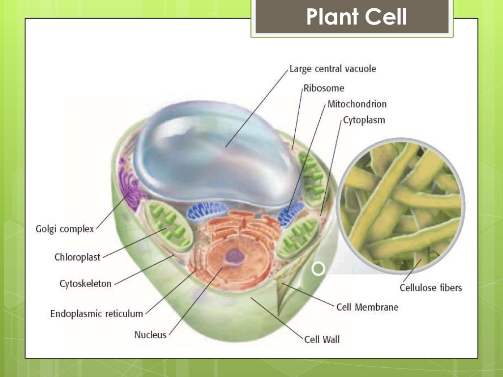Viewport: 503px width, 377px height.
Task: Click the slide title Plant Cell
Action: [x=356, y=17]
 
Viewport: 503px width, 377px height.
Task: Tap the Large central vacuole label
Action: [x=333, y=69]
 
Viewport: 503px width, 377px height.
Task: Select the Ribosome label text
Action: [x=324, y=88]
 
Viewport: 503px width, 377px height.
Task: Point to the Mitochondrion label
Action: [x=357, y=104]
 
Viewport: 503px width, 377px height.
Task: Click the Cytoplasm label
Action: [x=364, y=120]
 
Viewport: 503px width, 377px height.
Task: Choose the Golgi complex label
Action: [x=65, y=229]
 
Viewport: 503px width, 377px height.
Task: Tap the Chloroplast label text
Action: [x=77, y=257]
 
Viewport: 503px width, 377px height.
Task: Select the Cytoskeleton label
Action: [x=85, y=284]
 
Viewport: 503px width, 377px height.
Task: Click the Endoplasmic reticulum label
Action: [x=97, y=314]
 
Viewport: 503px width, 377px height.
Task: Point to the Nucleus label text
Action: [x=150, y=335]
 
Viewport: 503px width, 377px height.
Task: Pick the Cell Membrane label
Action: [x=367, y=307]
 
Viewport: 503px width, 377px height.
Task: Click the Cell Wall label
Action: [x=322, y=339]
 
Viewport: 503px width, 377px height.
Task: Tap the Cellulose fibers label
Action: [x=431, y=288]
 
